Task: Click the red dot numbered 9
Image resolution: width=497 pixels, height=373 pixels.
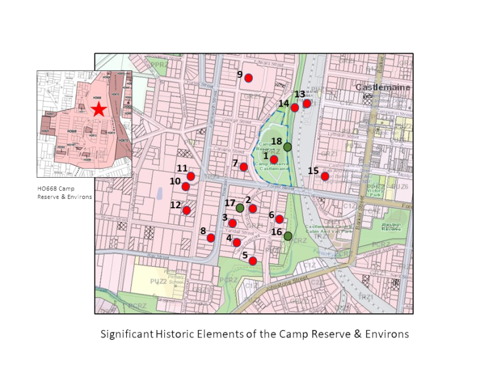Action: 248,78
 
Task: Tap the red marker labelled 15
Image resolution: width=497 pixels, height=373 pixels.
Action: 325,176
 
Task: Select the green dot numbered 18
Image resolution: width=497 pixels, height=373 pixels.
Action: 287,146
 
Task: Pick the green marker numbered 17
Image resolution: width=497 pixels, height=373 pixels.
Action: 240,208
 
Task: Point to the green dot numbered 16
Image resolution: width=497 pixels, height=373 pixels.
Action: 287,236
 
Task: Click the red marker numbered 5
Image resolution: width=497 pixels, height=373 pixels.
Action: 253,261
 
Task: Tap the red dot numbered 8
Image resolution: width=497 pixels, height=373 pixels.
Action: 211,238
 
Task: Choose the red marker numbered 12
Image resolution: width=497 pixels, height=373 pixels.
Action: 187,210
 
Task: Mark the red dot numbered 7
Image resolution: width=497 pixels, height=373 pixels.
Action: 244,167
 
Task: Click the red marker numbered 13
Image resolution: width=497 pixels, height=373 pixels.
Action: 307,103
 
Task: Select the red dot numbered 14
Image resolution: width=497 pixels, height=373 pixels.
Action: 295,107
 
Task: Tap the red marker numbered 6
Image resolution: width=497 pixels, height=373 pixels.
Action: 279,219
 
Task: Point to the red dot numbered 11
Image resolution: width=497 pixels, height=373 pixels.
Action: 191,176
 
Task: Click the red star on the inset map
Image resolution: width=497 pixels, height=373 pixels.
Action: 98,109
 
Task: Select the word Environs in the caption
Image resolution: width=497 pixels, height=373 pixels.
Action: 384,334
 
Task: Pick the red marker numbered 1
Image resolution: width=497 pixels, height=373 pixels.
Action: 274,159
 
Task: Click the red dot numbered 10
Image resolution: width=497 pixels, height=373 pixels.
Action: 185,186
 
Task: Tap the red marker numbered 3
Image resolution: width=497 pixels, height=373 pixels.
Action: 233,223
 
